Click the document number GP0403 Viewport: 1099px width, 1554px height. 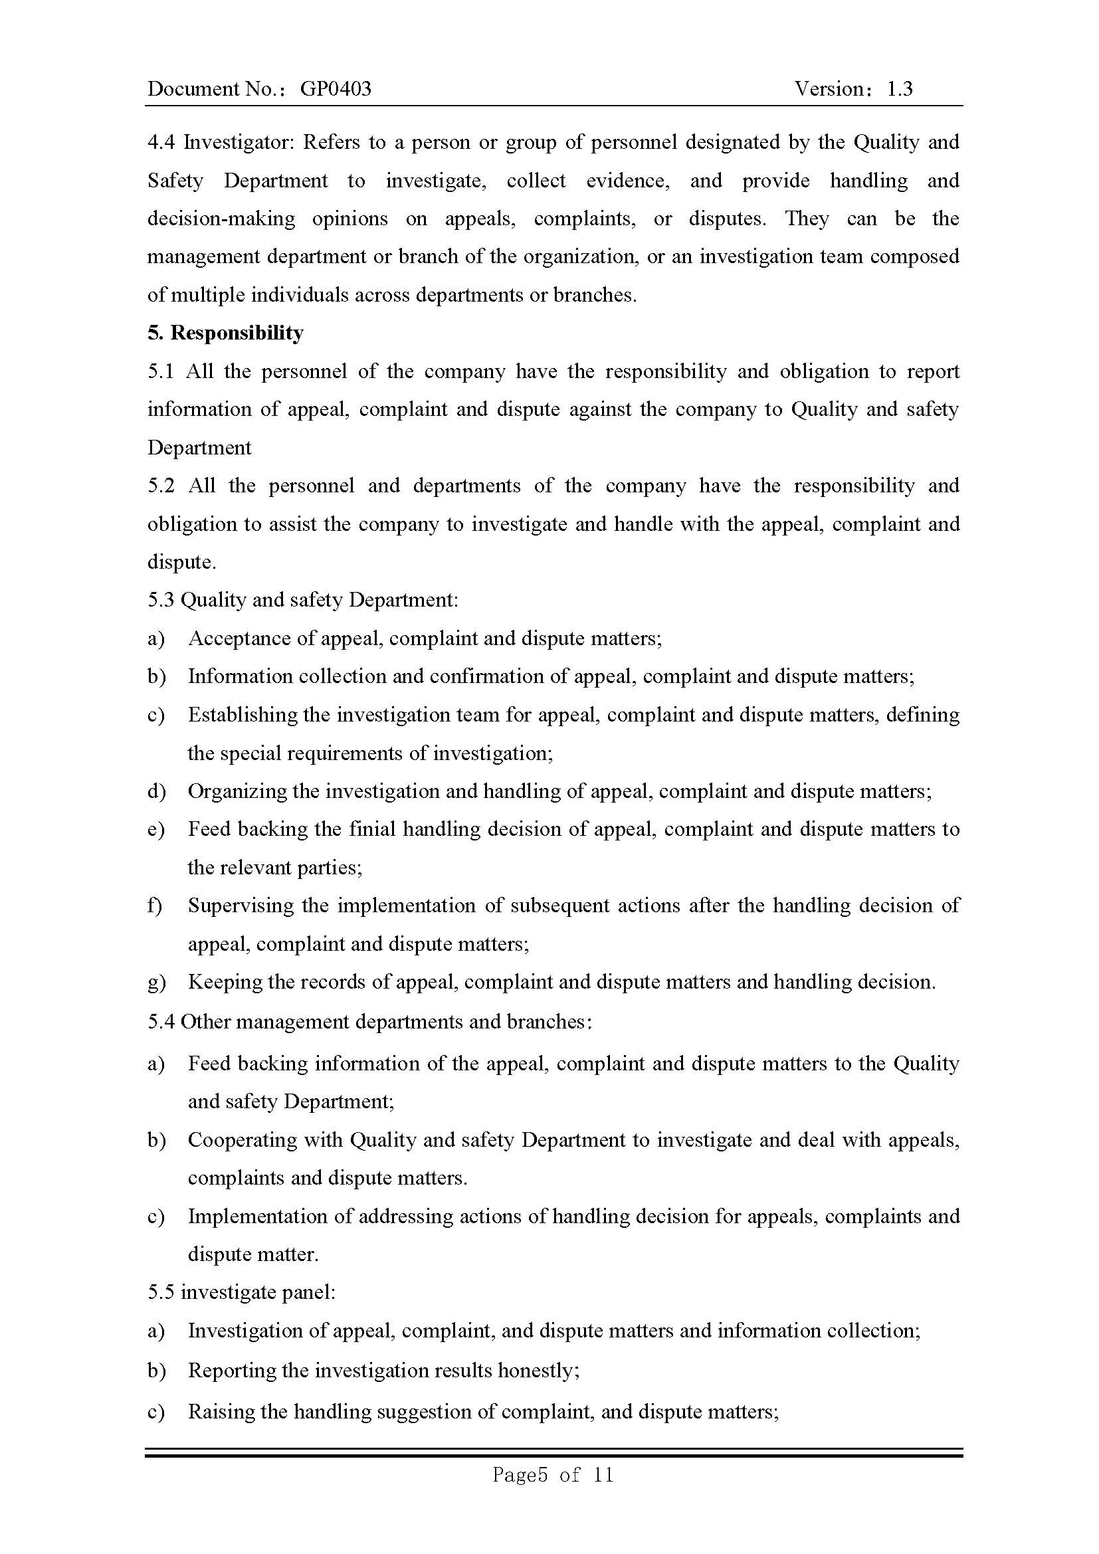tap(335, 88)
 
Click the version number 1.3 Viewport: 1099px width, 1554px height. tap(900, 88)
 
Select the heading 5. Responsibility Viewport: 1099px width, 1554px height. tap(225, 333)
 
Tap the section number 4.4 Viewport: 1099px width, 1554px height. tap(161, 142)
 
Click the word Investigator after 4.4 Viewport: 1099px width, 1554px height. tap(237, 142)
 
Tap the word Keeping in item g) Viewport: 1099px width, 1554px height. tap(224, 982)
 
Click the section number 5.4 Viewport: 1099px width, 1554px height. tap(161, 1021)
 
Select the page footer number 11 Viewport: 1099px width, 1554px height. tap(603, 1474)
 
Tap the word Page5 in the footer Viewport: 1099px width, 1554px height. tap(519, 1474)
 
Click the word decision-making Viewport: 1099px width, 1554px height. tap(221, 219)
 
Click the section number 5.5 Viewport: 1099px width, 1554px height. tap(161, 1292)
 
